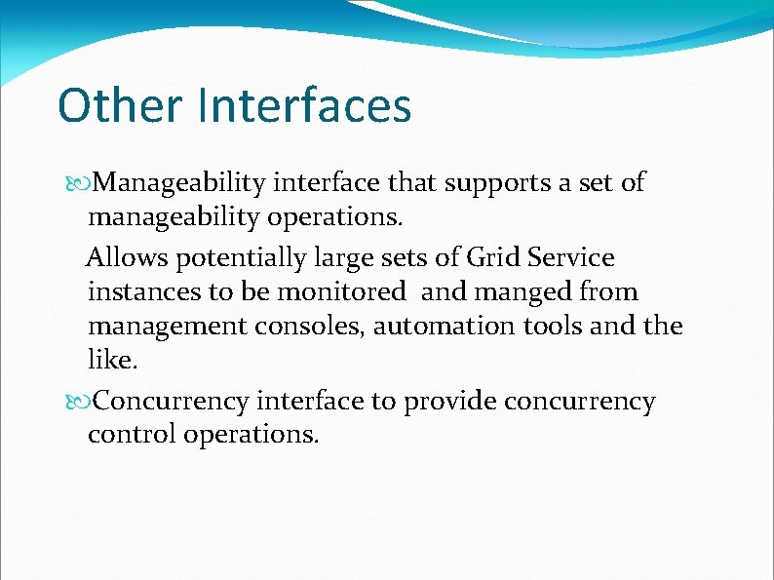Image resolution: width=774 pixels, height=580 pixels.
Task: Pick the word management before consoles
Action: click(167, 327)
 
